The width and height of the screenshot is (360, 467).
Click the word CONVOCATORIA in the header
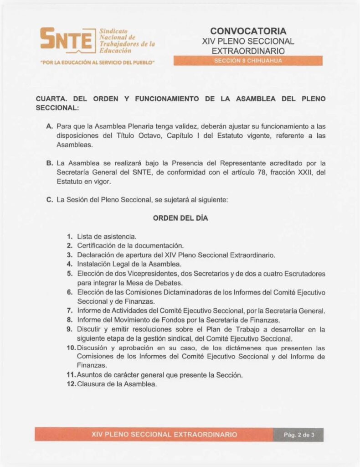(x=248, y=31)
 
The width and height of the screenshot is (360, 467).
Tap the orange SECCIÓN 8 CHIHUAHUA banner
(x=248, y=61)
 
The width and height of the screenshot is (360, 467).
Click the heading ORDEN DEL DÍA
(x=180, y=218)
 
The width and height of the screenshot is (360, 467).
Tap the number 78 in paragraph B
(x=255, y=172)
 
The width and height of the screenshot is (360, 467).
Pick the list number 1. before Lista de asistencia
(x=70, y=236)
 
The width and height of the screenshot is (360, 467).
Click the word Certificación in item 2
(x=97, y=245)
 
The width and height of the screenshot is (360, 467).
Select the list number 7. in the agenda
(x=70, y=311)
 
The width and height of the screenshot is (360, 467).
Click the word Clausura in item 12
(x=91, y=384)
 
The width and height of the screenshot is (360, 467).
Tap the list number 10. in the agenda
(x=71, y=348)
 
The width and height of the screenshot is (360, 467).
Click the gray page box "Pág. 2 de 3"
(x=298, y=435)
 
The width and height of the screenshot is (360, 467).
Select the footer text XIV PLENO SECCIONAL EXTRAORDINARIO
(x=164, y=435)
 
